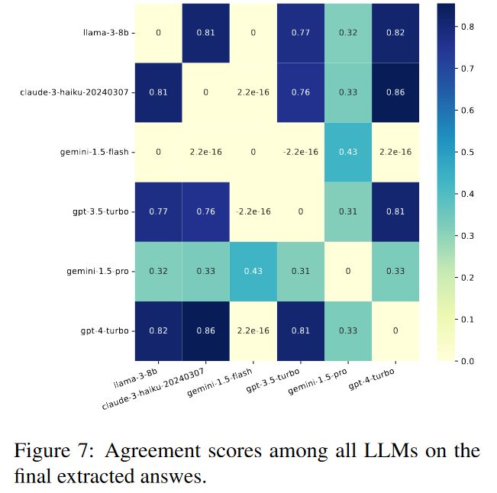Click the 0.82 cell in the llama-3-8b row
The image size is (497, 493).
click(x=395, y=34)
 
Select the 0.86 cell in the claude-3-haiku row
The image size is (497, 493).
click(x=395, y=93)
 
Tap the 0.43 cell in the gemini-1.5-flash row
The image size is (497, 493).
click(x=348, y=152)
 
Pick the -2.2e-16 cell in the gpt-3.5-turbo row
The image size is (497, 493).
click(x=253, y=211)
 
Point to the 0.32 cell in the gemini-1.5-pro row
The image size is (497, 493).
click(x=159, y=271)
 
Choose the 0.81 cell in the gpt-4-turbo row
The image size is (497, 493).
click(x=301, y=330)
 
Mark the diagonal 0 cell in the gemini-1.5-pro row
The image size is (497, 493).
click(x=348, y=271)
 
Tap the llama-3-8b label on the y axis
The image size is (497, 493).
click(x=105, y=34)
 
